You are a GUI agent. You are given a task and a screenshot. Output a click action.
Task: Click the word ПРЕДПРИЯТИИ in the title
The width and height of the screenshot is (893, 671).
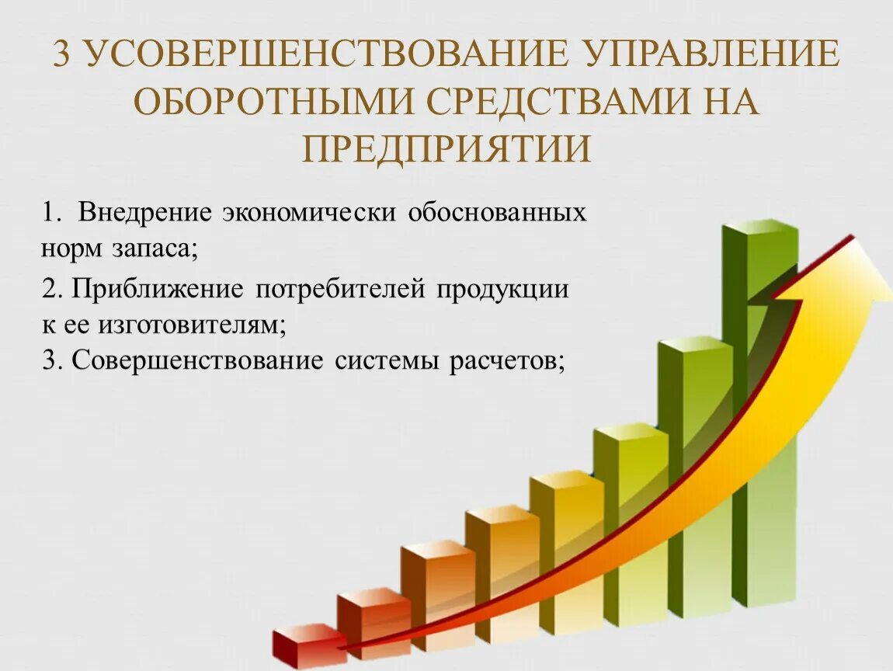click(446, 148)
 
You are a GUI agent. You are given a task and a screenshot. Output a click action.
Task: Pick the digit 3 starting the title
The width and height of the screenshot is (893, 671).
click(64, 55)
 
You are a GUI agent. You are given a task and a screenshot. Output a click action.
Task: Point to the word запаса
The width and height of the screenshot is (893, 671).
click(159, 249)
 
